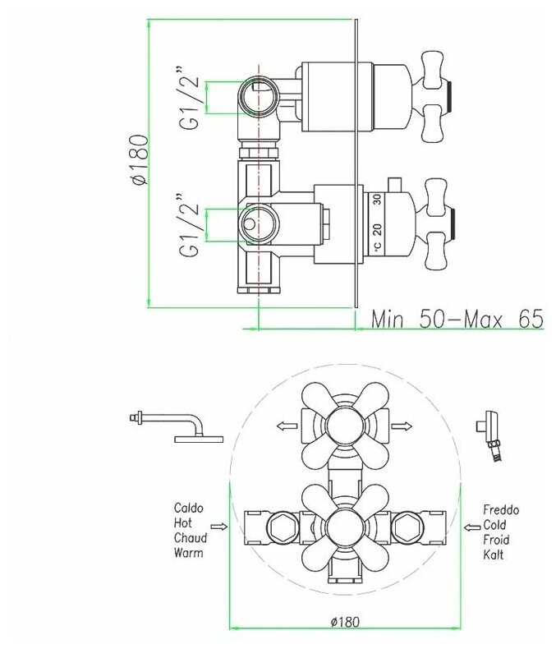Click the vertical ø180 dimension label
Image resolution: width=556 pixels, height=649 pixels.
click(x=140, y=159)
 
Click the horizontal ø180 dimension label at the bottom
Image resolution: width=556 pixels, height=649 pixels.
click(x=346, y=622)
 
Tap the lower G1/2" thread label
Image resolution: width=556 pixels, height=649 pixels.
click(x=190, y=224)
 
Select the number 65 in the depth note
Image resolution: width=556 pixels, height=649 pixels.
click(x=531, y=319)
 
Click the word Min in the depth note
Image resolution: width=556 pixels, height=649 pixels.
click(x=387, y=319)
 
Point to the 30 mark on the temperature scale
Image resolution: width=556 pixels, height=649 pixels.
click(x=377, y=200)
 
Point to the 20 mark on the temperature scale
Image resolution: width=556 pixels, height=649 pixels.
click(x=377, y=229)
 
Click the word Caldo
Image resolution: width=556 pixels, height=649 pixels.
click(x=189, y=508)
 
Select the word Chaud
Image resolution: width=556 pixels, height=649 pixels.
click(x=191, y=538)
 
